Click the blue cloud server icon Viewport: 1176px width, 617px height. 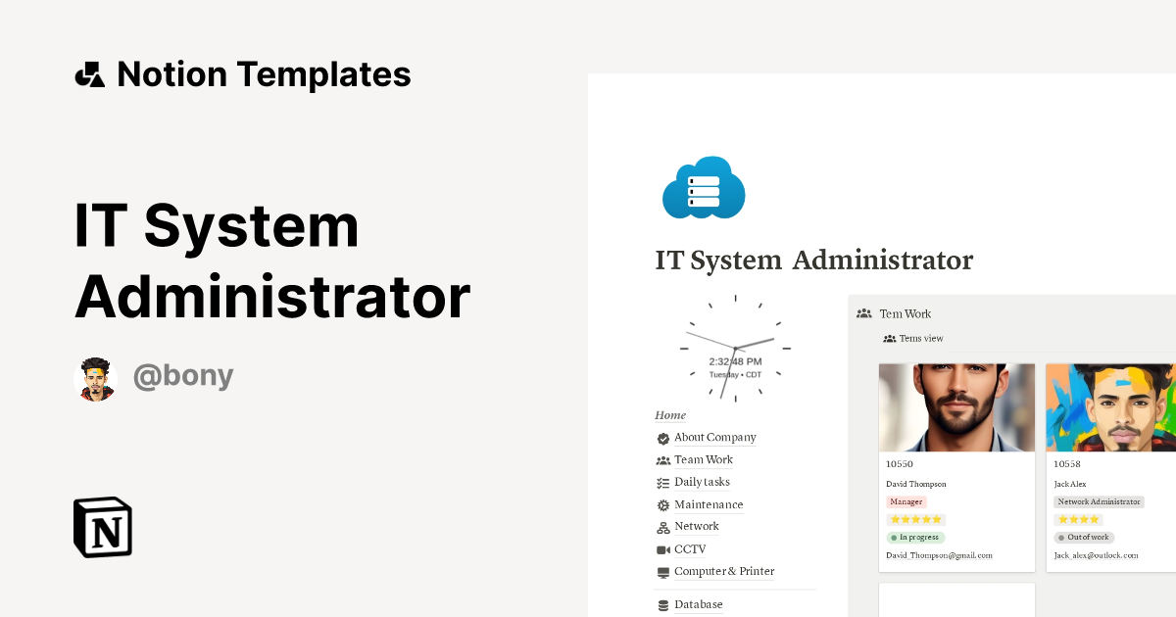point(704,187)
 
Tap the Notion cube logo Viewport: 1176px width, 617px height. point(103,527)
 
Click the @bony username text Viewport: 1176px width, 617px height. point(183,377)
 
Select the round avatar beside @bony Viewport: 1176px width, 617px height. point(95,379)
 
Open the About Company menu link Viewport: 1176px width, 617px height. point(714,438)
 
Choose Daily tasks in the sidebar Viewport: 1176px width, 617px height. point(702,482)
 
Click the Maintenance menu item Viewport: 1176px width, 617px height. point(709,504)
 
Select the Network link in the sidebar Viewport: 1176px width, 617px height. point(696,527)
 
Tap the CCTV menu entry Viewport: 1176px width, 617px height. point(690,549)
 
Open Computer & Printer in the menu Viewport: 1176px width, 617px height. point(724,572)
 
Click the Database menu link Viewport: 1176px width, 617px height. point(698,605)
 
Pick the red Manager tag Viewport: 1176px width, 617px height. point(906,501)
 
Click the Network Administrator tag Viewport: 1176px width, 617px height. point(1099,501)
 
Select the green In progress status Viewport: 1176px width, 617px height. point(916,538)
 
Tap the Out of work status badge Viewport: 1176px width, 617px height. point(1084,538)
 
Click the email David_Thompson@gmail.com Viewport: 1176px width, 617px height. point(939,555)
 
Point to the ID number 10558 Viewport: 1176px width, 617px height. point(1067,464)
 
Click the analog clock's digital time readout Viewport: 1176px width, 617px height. point(735,362)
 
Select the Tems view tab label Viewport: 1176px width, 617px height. point(920,339)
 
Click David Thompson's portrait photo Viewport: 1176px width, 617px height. point(956,407)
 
